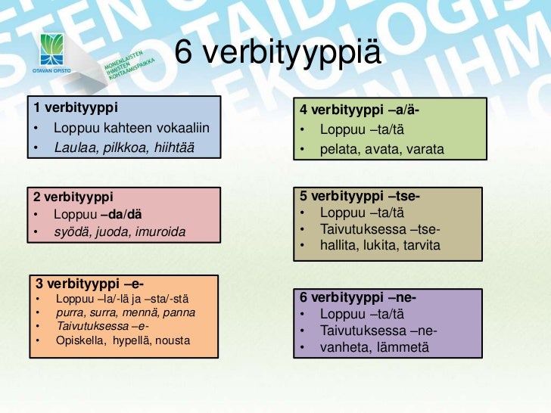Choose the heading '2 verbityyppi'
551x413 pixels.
(x=73, y=197)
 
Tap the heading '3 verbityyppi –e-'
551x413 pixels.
(x=89, y=284)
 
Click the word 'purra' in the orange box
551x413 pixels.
(x=70, y=312)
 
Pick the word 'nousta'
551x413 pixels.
(x=173, y=340)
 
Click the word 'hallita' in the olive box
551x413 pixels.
(x=339, y=247)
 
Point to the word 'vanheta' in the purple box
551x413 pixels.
(x=342, y=347)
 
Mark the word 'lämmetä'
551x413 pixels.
(x=401, y=347)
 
